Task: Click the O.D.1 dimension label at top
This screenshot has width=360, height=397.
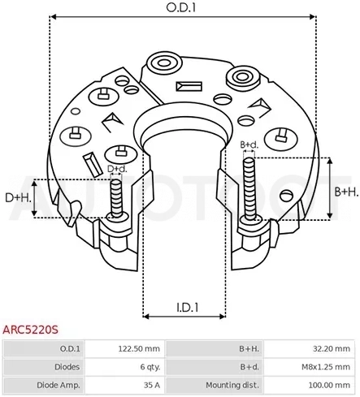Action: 180,8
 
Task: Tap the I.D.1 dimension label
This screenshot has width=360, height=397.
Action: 188,308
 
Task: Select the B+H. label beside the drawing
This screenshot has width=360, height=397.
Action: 346,192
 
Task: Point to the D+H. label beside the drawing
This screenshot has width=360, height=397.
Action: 18,198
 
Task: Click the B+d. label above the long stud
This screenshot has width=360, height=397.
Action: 249,145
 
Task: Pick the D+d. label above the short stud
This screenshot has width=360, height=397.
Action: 117,169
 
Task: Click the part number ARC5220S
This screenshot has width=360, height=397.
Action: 30,330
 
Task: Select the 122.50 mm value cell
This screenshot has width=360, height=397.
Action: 139,348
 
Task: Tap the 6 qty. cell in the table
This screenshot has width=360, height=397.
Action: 150,367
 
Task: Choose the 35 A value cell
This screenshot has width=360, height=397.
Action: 152,385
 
